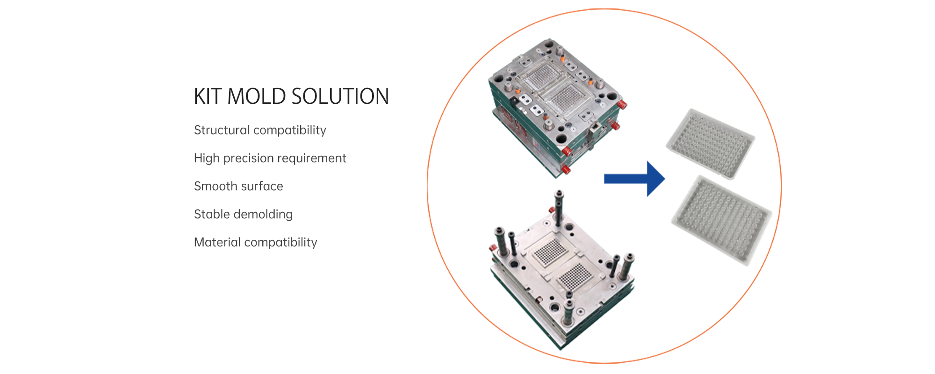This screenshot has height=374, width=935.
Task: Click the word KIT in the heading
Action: [x=208, y=96]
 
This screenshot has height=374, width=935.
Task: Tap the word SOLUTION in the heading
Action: [x=340, y=96]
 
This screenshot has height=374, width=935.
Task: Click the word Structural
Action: [x=222, y=130]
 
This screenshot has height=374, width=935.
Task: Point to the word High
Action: [x=207, y=158]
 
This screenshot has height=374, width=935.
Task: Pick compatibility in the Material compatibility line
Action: [x=281, y=243]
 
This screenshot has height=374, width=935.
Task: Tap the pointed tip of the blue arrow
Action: [x=665, y=179]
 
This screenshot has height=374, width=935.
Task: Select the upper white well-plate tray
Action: [x=711, y=144]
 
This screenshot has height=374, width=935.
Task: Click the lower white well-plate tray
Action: [x=722, y=220]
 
